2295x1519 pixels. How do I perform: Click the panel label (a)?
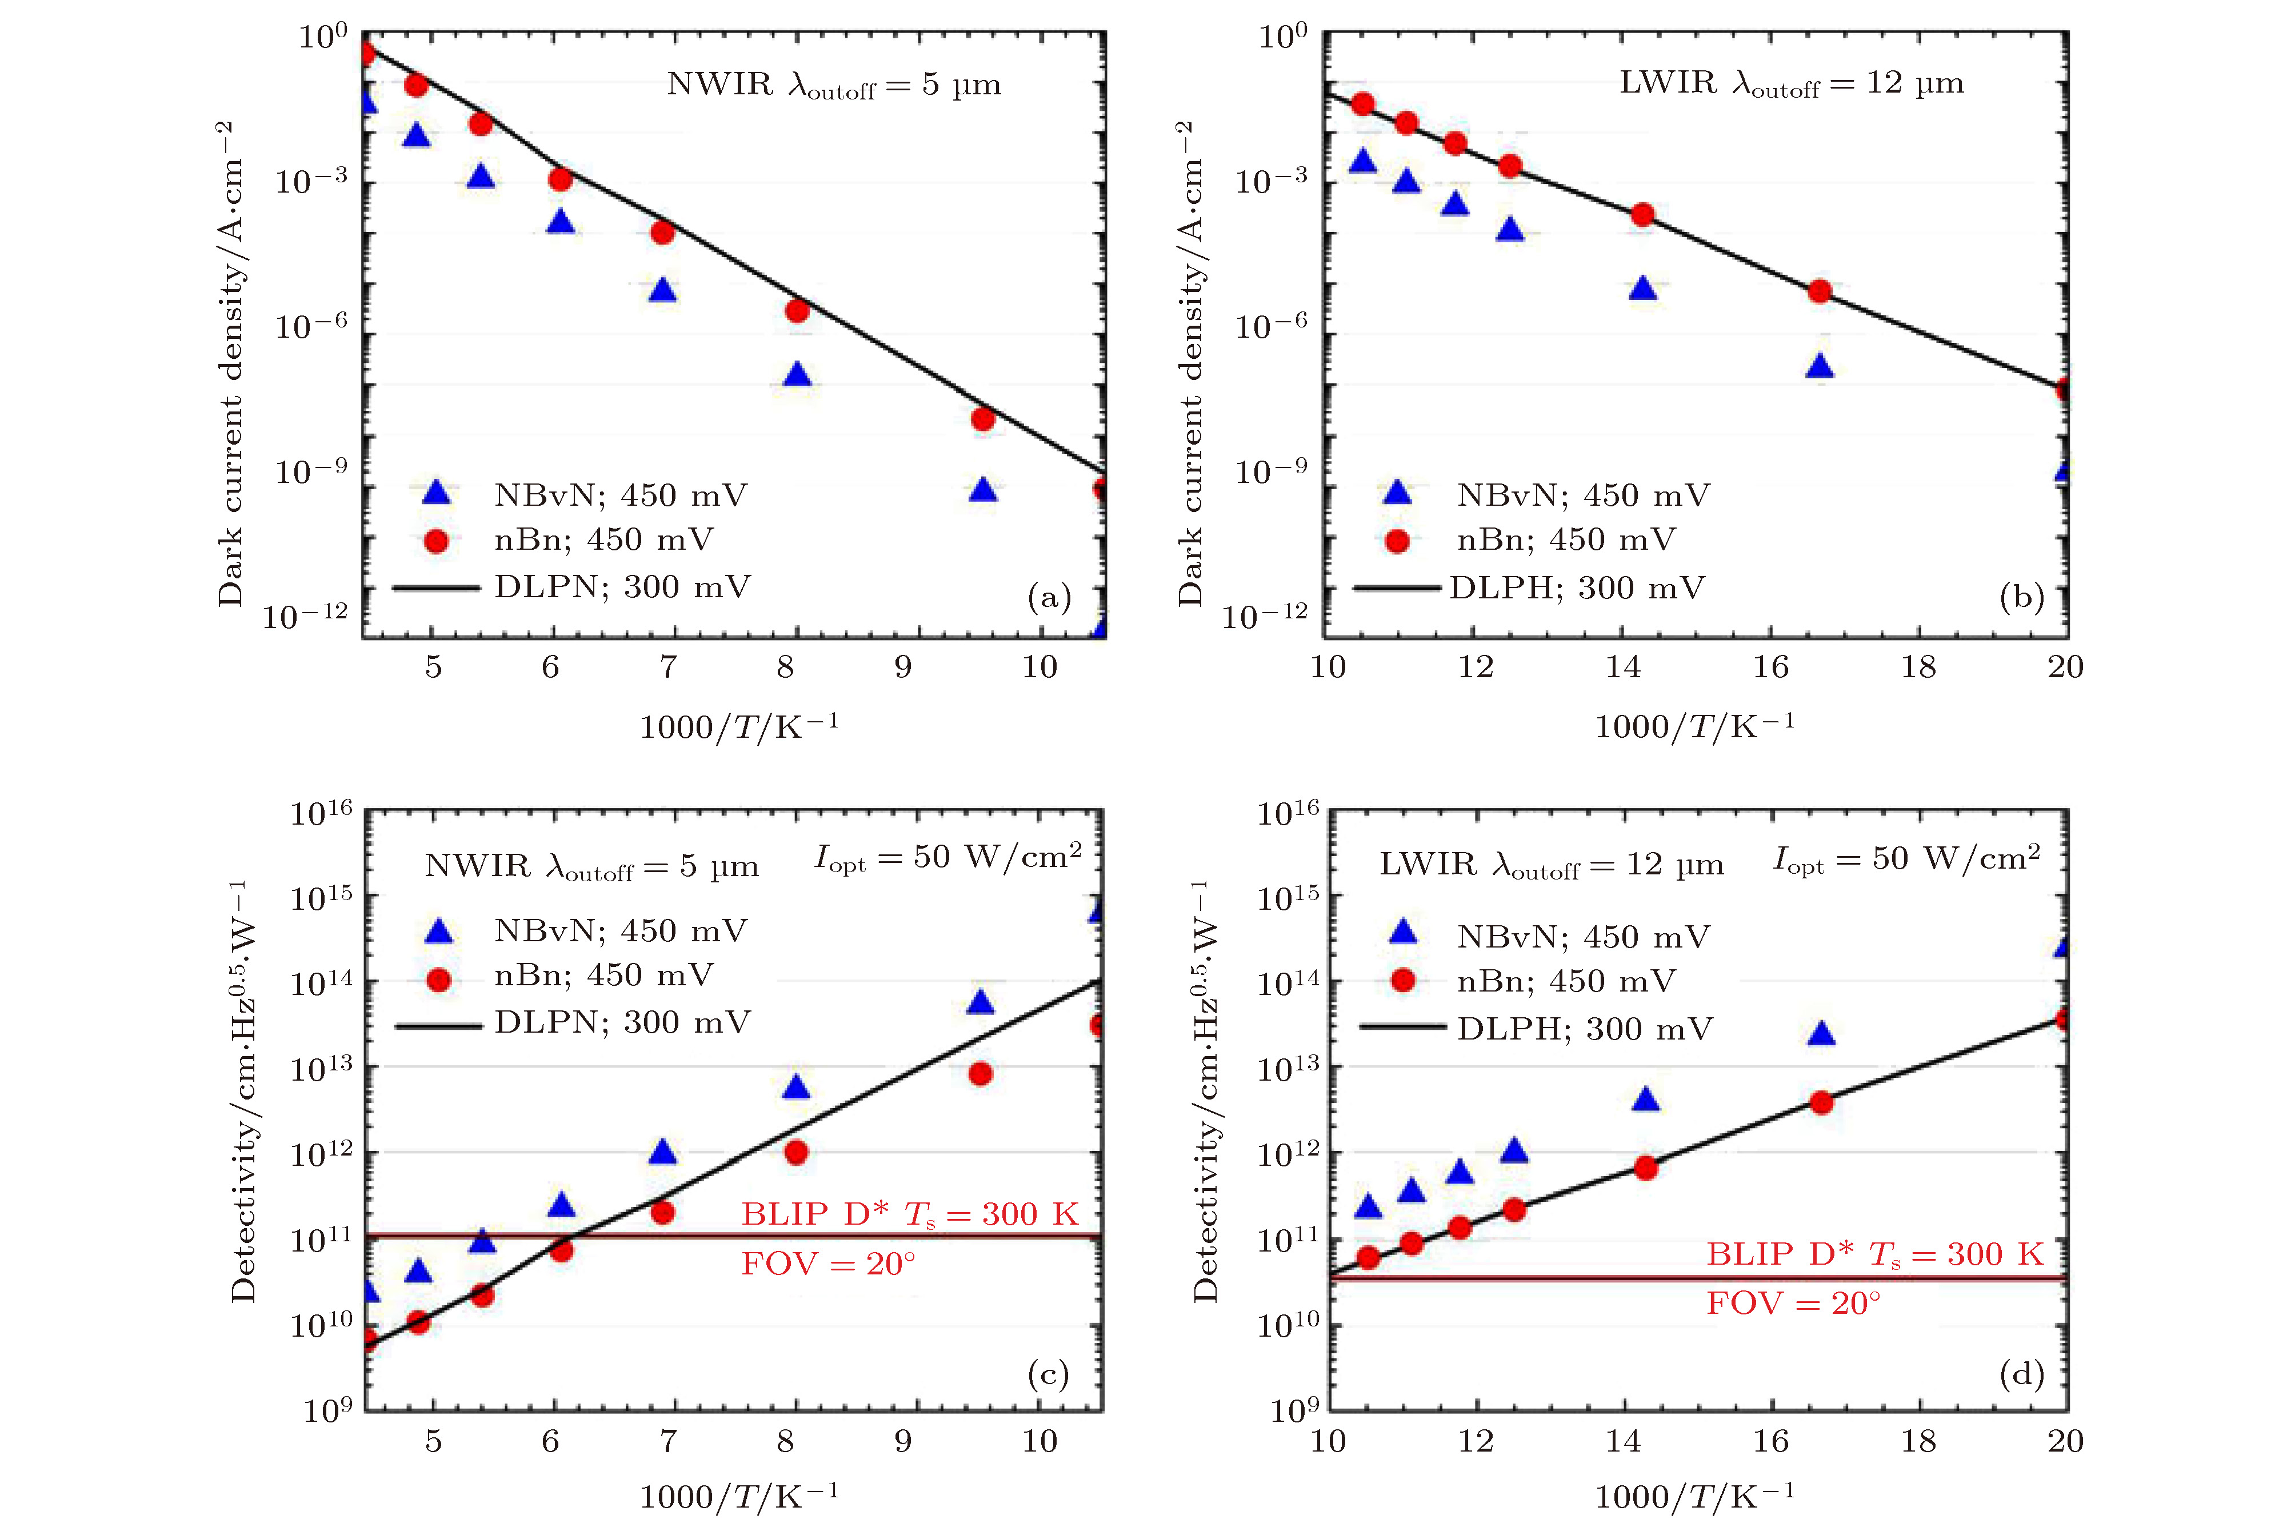click(x=1048, y=597)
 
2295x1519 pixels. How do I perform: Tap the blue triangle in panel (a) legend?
click(x=437, y=493)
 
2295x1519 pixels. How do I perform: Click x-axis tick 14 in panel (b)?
click(x=1623, y=666)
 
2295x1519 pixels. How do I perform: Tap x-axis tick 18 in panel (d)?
click(x=1918, y=1441)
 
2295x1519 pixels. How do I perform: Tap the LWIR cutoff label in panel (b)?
click(x=1791, y=83)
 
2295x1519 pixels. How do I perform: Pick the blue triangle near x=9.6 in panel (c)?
click(x=981, y=1002)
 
